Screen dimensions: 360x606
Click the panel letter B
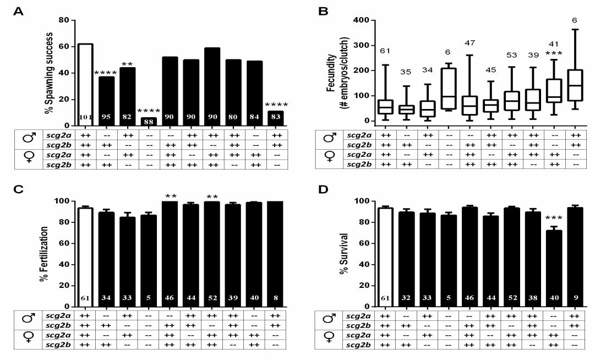(324, 10)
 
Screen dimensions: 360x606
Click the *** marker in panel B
(550, 54)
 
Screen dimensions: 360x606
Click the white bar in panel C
(85, 259)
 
